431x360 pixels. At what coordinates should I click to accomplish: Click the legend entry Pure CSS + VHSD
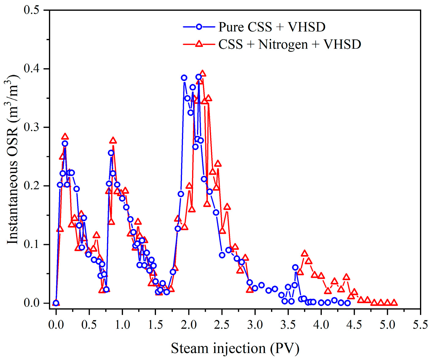click(x=272, y=27)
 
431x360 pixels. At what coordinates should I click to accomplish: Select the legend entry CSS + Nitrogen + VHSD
click(x=289, y=44)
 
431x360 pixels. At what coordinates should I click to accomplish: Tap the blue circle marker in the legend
click(x=199, y=27)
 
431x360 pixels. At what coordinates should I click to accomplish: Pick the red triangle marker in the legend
click(x=199, y=44)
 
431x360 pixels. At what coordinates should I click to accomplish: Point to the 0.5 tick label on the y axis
click(x=32, y=10)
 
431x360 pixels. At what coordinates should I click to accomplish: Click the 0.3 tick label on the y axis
click(x=32, y=127)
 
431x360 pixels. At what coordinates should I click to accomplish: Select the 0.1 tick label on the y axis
click(x=32, y=244)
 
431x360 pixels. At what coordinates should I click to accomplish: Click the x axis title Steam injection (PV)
click(x=235, y=348)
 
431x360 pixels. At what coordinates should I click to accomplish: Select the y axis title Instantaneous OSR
click(x=13, y=159)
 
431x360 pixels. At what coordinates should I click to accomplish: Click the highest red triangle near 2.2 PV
click(x=202, y=73)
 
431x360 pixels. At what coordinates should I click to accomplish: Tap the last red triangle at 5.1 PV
click(x=394, y=302)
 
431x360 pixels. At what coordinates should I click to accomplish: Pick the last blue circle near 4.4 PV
click(x=347, y=303)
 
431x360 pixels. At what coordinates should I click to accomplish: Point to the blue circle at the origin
click(x=56, y=303)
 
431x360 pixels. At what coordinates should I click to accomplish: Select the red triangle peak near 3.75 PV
click(x=304, y=253)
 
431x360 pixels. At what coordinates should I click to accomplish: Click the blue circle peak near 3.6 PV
click(x=295, y=268)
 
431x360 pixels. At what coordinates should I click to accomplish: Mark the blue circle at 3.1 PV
click(x=261, y=285)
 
